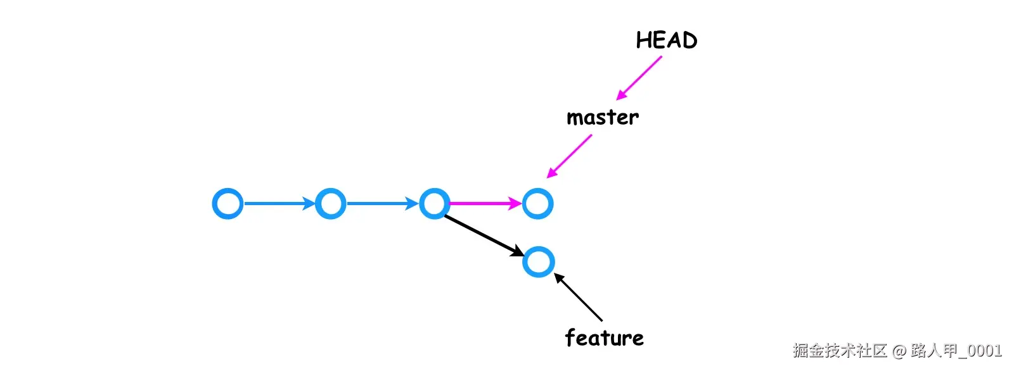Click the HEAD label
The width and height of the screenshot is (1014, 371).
click(x=666, y=41)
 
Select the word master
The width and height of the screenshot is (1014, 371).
click(x=603, y=118)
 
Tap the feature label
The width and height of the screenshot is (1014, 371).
click(x=604, y=337)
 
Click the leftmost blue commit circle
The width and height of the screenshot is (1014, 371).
click(x=228, y=204)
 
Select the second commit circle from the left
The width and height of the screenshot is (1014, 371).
click(x=330, y=204)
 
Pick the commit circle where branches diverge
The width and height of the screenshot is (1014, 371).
click(x=435, y=204)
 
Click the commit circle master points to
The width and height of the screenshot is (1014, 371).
click(x=537, y=204)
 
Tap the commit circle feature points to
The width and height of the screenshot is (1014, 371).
click(x=538, y=262)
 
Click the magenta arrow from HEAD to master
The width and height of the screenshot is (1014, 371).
click(x=639, y=78)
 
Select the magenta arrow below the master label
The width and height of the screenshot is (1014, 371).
click(x=569, y=156)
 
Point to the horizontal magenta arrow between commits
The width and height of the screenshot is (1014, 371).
click(x=485, y=204)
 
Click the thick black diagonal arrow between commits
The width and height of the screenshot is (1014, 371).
click(x=484, y=236)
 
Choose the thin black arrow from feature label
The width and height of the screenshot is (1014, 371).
click(x=579, y=298)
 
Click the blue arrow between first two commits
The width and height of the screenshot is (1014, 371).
click(x=279, y=204)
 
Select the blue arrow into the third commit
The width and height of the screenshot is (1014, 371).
click(x=382, y=204)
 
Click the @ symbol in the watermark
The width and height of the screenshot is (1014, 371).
click(x=899, y=351)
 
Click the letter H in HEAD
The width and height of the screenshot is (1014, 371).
click(x=644, y=41)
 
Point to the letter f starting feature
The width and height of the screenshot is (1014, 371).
click(x=570, y=337)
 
